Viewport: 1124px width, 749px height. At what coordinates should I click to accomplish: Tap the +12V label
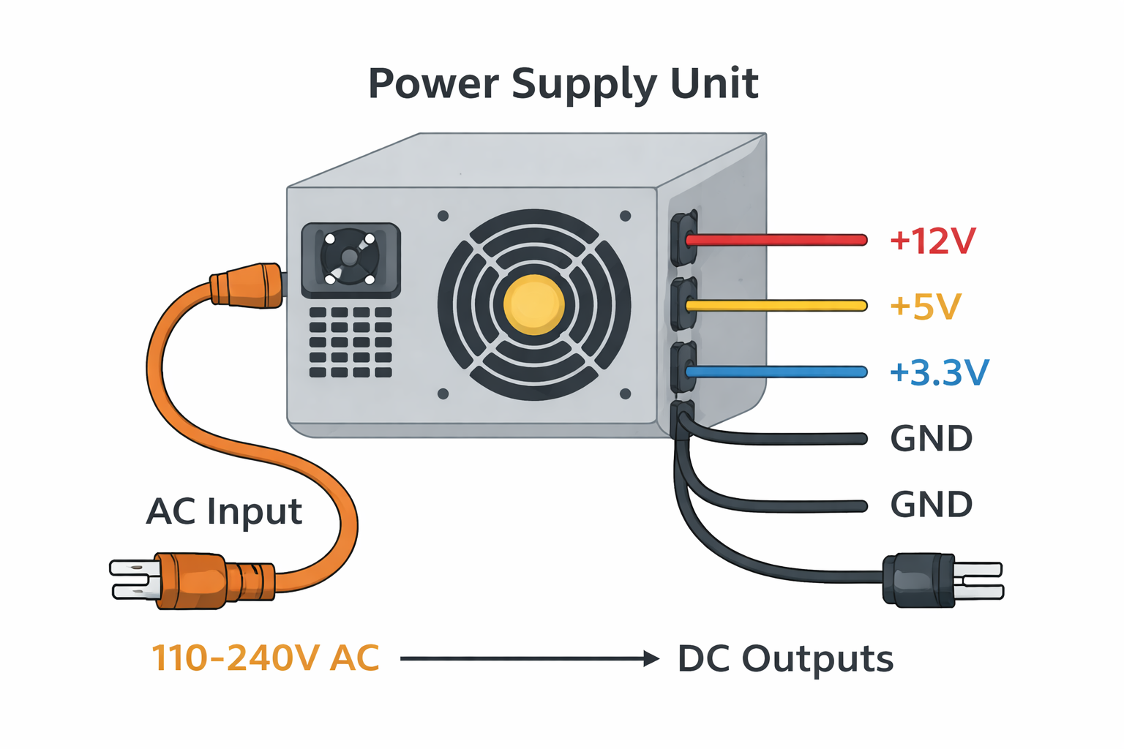click(932, 241)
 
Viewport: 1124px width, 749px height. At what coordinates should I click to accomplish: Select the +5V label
click(925, 306)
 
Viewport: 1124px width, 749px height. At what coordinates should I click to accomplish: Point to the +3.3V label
click(939, 372)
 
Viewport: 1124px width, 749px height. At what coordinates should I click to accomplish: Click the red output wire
click(776, 240)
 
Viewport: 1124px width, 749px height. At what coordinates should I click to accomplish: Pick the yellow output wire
click(776, 306)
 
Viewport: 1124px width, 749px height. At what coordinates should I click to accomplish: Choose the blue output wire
click(776, 372)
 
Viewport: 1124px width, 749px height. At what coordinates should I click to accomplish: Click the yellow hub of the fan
click(534, 305)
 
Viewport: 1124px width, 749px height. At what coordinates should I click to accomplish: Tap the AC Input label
click(224, 511)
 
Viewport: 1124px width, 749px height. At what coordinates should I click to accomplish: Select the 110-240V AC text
click(265, 658)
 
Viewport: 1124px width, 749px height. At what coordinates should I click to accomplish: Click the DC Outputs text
click(785, 659)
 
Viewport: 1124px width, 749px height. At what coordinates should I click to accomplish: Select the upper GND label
click(931, 439)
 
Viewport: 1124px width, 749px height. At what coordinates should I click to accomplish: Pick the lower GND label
click(931, 505)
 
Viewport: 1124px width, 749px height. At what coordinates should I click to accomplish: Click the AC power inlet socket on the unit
click(351, 260)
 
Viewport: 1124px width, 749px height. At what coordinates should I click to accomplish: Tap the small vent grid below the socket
click(351, 342)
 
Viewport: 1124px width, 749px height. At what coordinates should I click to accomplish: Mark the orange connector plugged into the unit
click(247, 285)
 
